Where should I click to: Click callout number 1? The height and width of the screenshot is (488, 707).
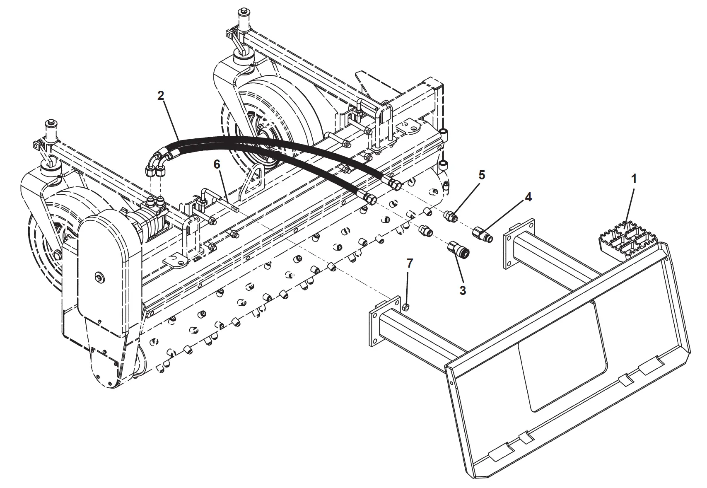pos(633,179)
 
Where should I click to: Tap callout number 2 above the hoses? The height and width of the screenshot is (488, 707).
pos(161,96)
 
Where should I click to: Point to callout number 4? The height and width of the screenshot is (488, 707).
pos(528,197)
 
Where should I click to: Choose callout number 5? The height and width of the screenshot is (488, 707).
pos(482,175)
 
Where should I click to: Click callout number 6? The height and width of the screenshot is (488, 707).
pos(217,164)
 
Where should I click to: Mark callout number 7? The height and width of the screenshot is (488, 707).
pos(409,263)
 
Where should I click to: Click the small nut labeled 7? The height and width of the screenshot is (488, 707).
pos(406,307)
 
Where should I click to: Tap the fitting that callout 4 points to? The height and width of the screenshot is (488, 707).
pos(483,235)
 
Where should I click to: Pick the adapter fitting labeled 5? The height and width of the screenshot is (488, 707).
pos(451,216)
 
